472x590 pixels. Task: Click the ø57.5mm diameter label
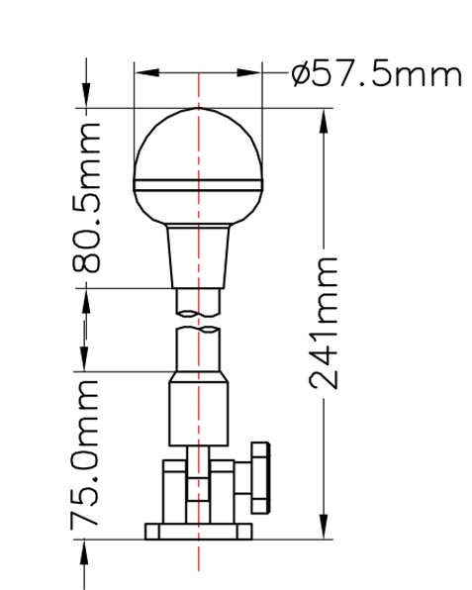tap(376, 75)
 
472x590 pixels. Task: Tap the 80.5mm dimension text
tap(87, 198)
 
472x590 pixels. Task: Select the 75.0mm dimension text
tap(85, 452)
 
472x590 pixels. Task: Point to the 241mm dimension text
tap(324, 324)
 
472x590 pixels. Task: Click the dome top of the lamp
tap(198, 143)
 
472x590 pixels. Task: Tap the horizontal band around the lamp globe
tap(198, 185)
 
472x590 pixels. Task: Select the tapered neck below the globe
tap(198, 256)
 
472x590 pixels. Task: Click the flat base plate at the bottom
tap(199, 532)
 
